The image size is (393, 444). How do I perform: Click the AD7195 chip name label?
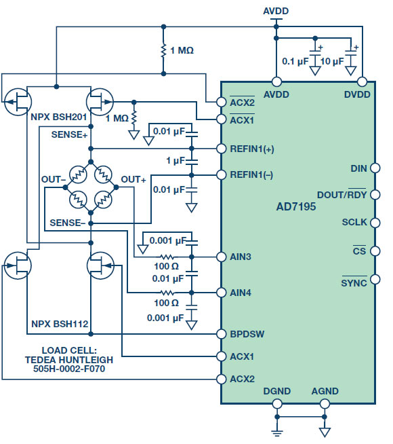click(x=296, y=206)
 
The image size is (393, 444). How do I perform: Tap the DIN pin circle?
click(x=375, y=168)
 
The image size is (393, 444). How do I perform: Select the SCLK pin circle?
click(x=375, y=223)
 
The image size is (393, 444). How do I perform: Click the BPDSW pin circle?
click(x=221, y=334)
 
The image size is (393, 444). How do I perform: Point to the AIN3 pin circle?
click(x=221, y=257)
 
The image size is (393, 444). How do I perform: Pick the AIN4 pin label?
click(x=241, y=293)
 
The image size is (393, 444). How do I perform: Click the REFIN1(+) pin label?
click(x=252, y=149)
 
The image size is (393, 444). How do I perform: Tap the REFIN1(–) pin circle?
click(x=221, y=174)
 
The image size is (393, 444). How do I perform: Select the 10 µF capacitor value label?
click(x=332, y=61)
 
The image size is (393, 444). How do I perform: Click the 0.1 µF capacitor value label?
click(x=295, y=61)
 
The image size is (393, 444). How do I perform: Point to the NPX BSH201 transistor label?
click(x=58, y=117)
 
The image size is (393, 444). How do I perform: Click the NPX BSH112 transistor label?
click(x=60, y=324)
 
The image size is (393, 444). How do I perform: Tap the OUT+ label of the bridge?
click(x=133, y=179)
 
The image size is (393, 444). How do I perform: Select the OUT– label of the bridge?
click(x=54, y=179)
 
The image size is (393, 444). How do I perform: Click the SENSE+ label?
click(x=69, y=134)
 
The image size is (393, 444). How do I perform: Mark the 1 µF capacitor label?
click(x=175, y=160)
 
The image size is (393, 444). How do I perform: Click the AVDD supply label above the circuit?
click(x=276, y=11)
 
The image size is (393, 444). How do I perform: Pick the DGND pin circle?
click(x=277, y=403)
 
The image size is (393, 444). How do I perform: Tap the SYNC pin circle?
click(x=375, y=279)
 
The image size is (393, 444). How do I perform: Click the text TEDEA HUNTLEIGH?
click(x=69, y=360)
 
